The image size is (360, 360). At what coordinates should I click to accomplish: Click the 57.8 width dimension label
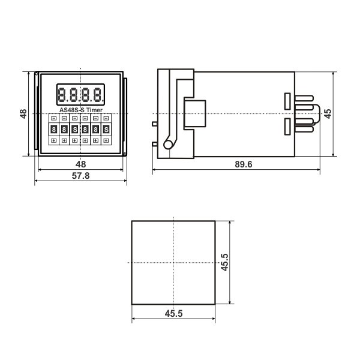point(80,176)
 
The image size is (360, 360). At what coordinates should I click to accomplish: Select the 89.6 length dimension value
point(244,164)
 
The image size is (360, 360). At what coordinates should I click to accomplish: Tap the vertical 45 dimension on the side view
point(328,114)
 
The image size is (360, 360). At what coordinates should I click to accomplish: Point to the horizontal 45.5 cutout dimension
point(173,313)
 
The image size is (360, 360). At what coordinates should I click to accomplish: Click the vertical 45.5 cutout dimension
point(224,262)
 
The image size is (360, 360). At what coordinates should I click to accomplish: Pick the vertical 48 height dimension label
point(23,114)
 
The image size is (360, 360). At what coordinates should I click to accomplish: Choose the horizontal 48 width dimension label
point(80,164)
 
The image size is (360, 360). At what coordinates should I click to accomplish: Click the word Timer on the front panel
point(94,110)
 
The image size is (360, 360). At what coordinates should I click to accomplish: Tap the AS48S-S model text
point(72,110)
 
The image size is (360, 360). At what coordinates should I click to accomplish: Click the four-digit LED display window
point(80,95)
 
